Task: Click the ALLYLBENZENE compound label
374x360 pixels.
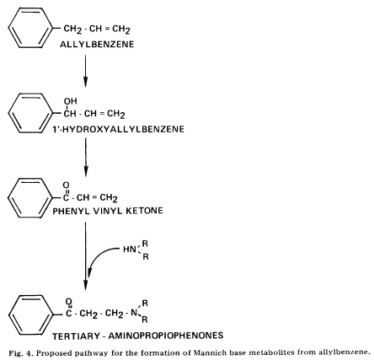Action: pyautogui.click(x=97, y=45)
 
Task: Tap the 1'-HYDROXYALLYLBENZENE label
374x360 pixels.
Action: pyautogui.click(x=118, y=129)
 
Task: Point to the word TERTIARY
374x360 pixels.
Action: pyautogui.click(x=76, y=336)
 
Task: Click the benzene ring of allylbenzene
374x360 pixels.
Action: pyautogui.click(x=30, y=28)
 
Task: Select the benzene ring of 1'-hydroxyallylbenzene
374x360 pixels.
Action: pyautogui.click(x=30, y=113)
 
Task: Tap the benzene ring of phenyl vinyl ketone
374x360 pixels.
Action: pyautogui.click(x=30, y=198)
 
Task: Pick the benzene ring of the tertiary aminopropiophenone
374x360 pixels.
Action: pyautogui.click(x=30, y=314)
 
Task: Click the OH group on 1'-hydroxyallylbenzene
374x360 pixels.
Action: pyautogui.click(x=70, y=101)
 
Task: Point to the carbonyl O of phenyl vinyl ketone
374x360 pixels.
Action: pyautogui.click(x=66, y=185)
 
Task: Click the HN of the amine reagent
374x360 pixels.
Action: pyautogui.click(x=130, y=250)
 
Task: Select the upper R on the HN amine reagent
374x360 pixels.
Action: pyautogui.click(x=145, y=244)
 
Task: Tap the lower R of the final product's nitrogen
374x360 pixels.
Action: pyautogui.click(x=145, y=320)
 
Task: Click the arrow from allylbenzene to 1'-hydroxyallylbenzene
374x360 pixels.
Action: pyautogui.click(x=85, y=71)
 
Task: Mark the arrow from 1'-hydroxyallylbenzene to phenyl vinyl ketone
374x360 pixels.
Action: pyautogui.click(x=86, y=157)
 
